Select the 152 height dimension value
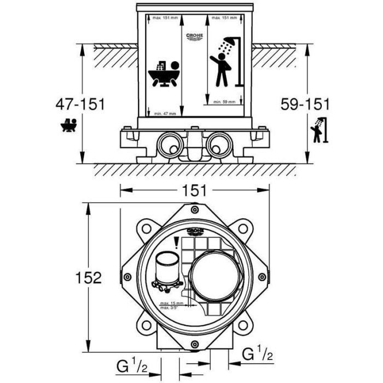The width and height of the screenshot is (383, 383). click(x=88, y=277)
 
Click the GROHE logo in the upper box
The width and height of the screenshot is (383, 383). click(x=195, y=37)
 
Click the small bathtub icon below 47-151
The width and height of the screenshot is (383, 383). click(x=69, y=126)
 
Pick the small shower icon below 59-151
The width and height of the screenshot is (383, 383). click(x=318, y=130)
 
